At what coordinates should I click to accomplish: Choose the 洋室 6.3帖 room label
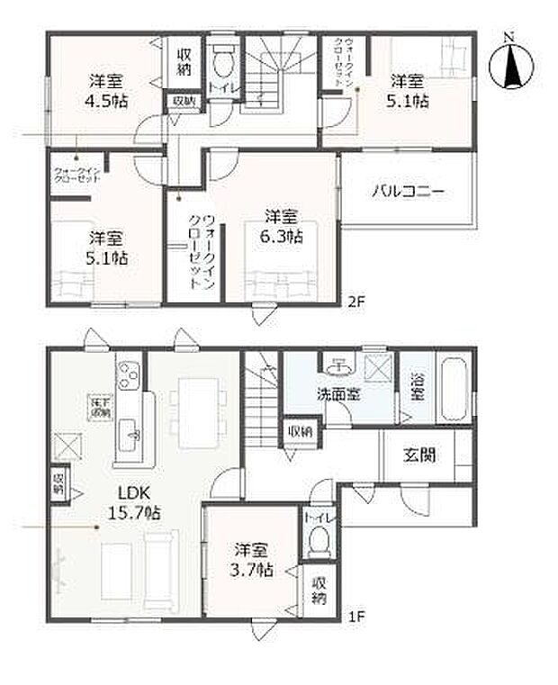(283, 226)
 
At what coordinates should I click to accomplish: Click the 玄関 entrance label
(418, 455)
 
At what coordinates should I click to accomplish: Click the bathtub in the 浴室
(453, 388)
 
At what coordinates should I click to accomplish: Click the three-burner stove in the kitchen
(129, 375)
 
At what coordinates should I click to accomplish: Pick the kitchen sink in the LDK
(130, 436)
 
